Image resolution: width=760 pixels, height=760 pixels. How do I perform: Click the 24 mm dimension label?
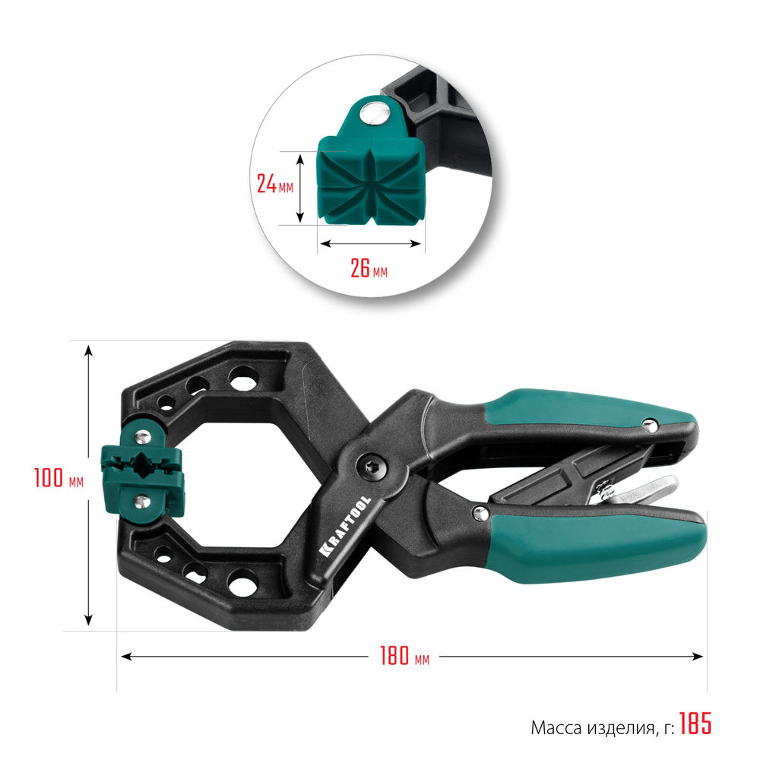point(274,185)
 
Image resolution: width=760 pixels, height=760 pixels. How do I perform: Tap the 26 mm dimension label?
point(369,268)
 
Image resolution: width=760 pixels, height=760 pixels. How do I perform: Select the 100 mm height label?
point(57,480)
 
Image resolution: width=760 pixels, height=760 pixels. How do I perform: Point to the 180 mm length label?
point(404,656)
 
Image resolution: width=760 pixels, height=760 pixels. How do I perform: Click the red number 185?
point(695,724)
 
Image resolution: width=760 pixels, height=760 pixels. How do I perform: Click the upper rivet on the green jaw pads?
point(142,436)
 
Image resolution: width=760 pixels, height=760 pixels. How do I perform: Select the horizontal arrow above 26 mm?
point(369,244)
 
